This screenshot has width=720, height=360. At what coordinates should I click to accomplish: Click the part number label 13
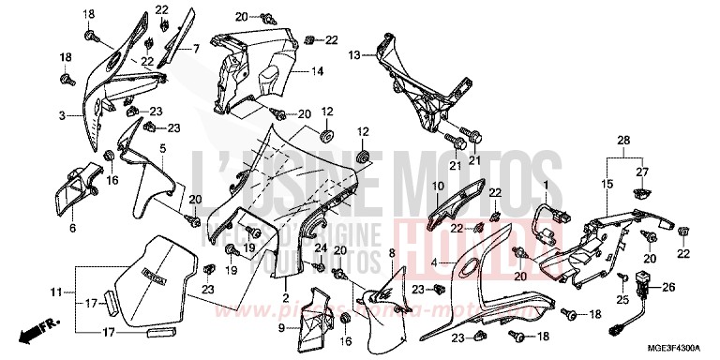tap(354, 56)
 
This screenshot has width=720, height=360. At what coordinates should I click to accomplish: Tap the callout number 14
tap(318, 71)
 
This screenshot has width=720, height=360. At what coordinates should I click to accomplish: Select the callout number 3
tap(61, 116)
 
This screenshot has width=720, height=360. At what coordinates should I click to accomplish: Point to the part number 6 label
tap(72, 227)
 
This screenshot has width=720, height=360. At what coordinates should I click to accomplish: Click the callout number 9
tap(280, 328)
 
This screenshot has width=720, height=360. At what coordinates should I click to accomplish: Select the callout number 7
tap(197, 46)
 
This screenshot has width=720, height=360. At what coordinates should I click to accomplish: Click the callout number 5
tap(162, 148)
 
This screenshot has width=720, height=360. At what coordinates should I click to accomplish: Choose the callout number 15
tap(606, 186)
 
